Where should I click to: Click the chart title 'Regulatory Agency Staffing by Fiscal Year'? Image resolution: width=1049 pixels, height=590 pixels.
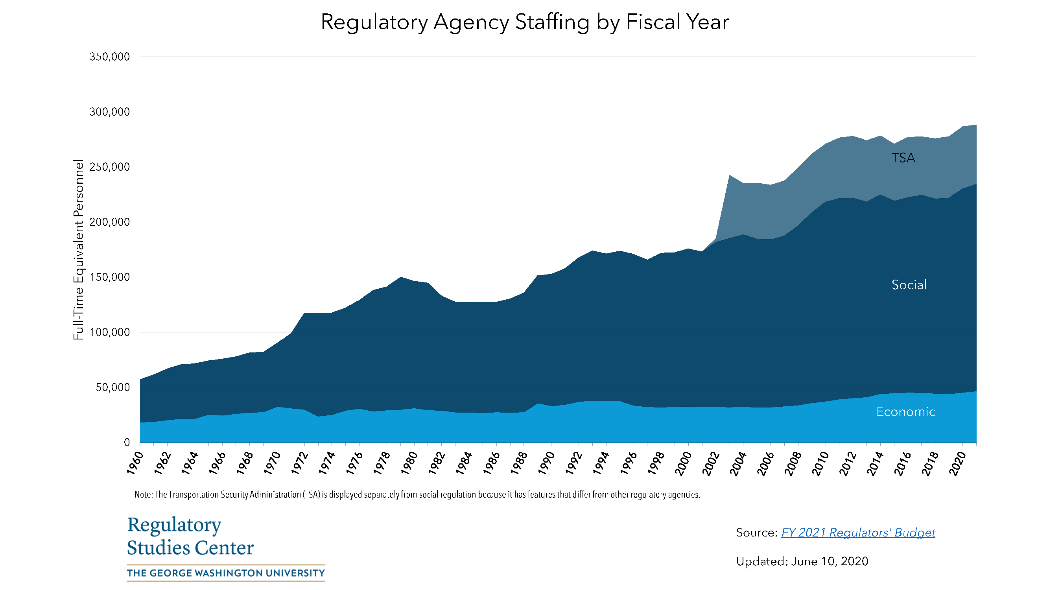coord(525,22)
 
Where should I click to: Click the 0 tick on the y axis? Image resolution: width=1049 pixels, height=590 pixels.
coord(127,442)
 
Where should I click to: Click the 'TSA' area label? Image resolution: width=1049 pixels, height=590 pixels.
coord(903,158)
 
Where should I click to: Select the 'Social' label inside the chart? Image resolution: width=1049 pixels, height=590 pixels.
coord(909,285)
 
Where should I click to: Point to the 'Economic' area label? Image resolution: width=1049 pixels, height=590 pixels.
coord(906,412)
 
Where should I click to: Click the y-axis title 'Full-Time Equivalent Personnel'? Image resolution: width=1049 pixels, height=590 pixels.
coord(78,250)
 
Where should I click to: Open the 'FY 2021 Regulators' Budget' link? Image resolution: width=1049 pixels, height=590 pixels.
coord(857,533)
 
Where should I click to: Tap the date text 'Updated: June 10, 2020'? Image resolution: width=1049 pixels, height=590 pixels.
coord(802,562)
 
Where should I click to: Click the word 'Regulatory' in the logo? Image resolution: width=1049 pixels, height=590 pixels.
coord(174,525)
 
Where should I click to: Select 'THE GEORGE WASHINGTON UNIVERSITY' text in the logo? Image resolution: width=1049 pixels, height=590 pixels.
coord(226,573)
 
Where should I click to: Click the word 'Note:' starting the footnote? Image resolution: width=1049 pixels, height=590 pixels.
coord(144,495)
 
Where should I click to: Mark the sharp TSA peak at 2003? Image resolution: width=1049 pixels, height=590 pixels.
coord(730,175)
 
